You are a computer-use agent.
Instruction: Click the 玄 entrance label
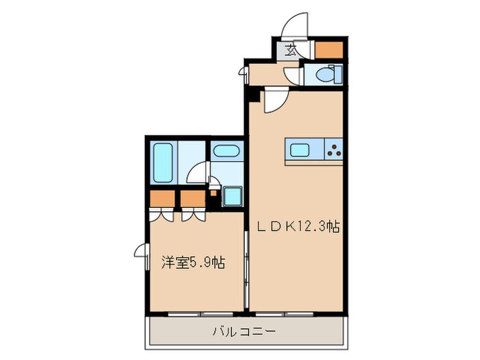pyautogui.click(x=291, y=49)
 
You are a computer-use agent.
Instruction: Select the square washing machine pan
pyautogui.click(x=232, y=196)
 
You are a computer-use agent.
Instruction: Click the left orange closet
pyautogui.click(x=161, y=199)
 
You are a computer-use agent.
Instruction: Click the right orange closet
pyautogui.click(x=193, y=199)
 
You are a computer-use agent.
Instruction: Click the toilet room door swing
pyautogui.click(x=293, y=74)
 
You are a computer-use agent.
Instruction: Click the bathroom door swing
pyautogui.click(x=200, y=173)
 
